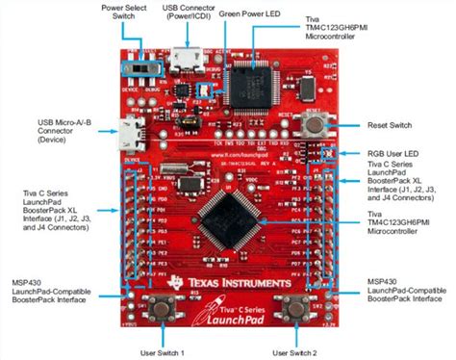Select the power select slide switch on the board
150,69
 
